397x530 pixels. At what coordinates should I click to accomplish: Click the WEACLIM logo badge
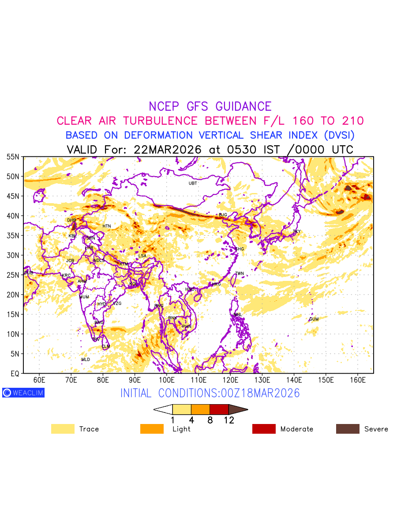[23, 393]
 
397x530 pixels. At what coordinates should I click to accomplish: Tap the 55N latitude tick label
[13, 157]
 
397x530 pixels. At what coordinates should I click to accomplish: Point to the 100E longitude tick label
[167, 380]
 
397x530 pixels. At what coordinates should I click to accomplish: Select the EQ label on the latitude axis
[15, 374]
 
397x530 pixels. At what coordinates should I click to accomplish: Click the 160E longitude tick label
[358, 380]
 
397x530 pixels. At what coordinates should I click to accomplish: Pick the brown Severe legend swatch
[348, 429]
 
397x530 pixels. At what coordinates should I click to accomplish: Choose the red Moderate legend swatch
[264, 429]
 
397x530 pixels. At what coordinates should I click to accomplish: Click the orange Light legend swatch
[152, 429]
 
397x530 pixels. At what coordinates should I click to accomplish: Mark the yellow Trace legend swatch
[63, 429]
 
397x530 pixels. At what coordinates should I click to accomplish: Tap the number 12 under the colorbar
[228, 420]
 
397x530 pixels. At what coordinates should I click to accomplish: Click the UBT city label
[193, 183]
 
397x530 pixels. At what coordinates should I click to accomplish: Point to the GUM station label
[314, 319]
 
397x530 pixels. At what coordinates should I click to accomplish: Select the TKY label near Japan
[296, 231]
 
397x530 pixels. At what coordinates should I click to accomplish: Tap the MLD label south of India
[86, 360]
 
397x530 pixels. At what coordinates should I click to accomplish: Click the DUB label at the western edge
[29, 273]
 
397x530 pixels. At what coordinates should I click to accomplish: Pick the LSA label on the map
[142, 256]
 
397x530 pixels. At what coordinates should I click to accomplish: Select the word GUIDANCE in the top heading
[243, 106]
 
